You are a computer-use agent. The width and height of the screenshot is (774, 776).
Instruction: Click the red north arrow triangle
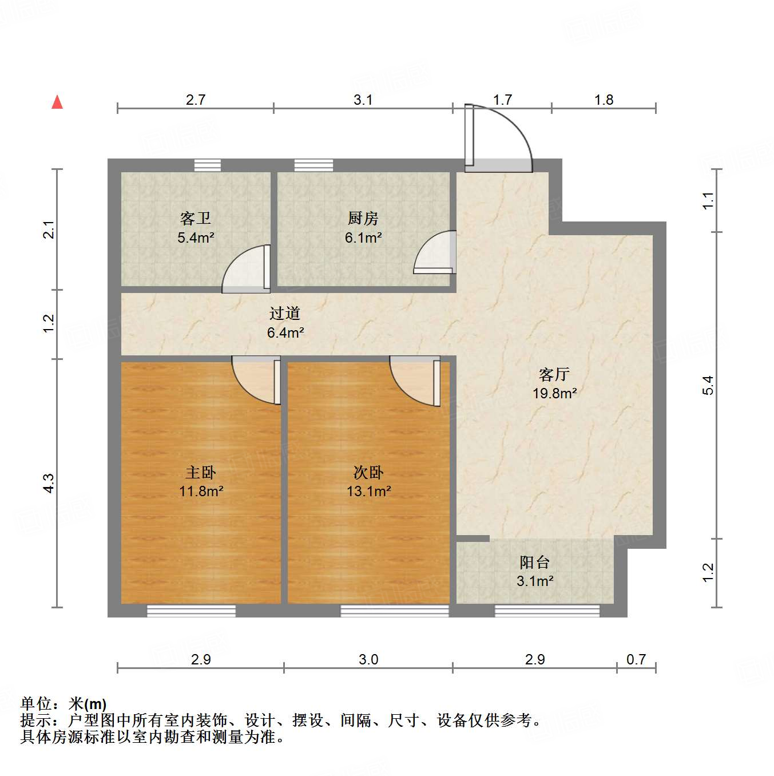click(57, 102)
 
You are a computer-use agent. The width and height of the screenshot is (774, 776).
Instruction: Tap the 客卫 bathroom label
click(196, 218)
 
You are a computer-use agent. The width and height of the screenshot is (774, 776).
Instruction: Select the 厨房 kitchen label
click(363, 218)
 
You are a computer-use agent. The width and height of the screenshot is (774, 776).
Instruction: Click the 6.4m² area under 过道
click(285, 332)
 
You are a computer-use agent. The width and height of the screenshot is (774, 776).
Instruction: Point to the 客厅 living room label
click(554, 374)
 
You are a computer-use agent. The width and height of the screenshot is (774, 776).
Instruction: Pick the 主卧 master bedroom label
click(201, 472)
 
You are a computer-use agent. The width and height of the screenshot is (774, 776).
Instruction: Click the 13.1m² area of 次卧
click(369, 491)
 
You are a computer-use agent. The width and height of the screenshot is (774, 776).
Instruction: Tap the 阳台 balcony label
click(535, 562)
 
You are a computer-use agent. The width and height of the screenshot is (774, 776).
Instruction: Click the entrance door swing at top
click(501, 137)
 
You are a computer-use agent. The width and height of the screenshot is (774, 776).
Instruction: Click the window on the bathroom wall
click(207, 165)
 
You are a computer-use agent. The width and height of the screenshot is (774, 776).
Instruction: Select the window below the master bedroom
click(191, 611)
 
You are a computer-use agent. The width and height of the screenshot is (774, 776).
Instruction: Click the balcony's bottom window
click(547, 611)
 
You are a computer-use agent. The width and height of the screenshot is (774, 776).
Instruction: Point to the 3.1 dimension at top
click(363, 100)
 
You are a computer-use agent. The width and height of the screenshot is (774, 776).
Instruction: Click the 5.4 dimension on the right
click(708, 385)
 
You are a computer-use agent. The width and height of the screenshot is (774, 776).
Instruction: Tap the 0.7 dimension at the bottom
click(636, 659)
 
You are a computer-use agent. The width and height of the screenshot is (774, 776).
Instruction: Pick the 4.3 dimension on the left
click(49, 483)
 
